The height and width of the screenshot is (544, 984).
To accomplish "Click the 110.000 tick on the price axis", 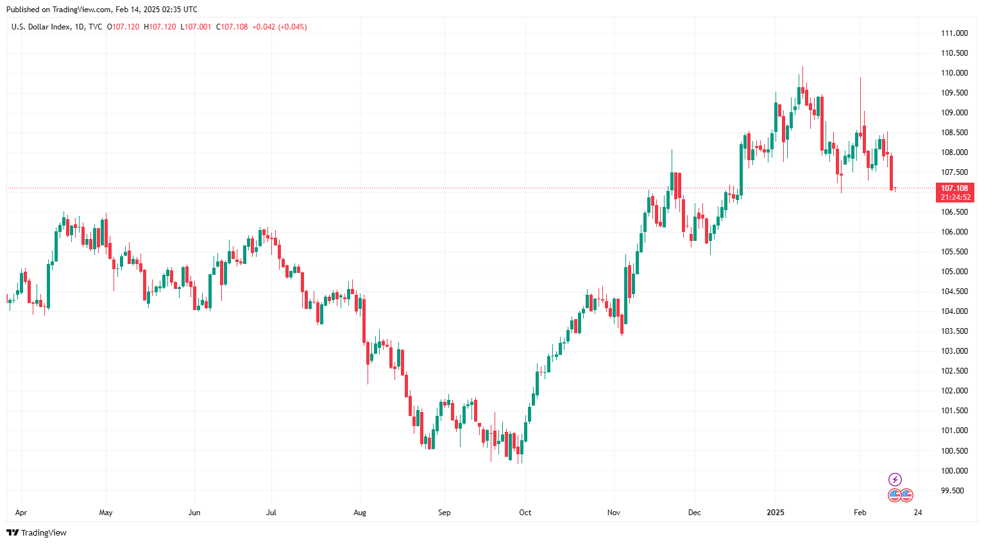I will tap(954, 73).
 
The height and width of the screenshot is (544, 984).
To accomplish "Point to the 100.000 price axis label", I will tap(954, 471).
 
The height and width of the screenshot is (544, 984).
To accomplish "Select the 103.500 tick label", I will tap(954, 331).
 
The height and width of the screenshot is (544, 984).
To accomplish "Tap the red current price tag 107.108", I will tap(954, 188).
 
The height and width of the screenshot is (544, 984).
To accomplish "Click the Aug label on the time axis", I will tap(360, 513).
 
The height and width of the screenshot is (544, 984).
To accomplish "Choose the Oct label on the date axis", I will tap(525, 513).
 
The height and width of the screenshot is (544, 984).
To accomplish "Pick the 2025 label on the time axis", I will tap(776, 513).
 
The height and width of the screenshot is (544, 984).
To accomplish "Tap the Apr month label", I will tap(21, 513).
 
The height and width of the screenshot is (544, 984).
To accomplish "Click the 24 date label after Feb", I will tap(918, 513).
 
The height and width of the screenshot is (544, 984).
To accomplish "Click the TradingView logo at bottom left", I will tap(37, 532).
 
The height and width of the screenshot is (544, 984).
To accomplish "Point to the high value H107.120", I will tap(160, 27).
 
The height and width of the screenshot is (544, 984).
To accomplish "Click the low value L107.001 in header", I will tap(196, 27).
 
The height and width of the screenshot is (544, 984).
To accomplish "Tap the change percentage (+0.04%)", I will tap(293, 27).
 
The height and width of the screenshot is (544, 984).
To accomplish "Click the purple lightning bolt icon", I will tap(895, 479).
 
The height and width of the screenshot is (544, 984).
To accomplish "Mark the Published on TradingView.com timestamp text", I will tap(102, 10).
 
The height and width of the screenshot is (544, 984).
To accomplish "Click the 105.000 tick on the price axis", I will tap(954, 272).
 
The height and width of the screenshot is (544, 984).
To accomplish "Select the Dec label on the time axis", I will tap(694, 513).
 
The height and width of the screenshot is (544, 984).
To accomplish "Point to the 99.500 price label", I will tap(952, 491).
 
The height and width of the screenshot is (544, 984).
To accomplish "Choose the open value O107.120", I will tap(123, 27).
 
